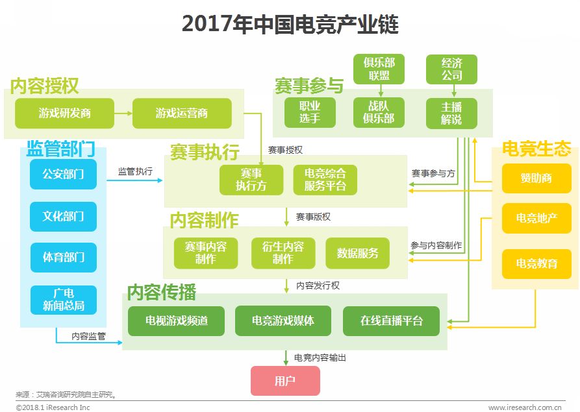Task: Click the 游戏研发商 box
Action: (64, 113)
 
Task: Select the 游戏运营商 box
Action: (182, 113)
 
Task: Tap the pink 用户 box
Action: (285, 381)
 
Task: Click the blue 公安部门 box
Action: (63, 174)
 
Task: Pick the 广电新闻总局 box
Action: (63, 300)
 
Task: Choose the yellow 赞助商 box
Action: (536, 178)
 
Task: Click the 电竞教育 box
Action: (536, 264)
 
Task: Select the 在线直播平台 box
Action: (392, 321)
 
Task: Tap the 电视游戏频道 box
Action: (177, 321)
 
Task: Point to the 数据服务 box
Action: (357, 253)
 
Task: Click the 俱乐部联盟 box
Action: (379, 69)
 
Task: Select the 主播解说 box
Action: (451, 113)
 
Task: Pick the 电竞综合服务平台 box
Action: (325, 180)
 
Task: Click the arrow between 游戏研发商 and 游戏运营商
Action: (123, 113)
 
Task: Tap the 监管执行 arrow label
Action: (135, 171)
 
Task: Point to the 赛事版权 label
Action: (313, 217)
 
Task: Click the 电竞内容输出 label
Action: (320, 357)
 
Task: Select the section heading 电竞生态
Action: (536, 149)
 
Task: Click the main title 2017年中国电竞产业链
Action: (290, 25)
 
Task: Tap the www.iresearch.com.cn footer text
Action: (525, 407)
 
